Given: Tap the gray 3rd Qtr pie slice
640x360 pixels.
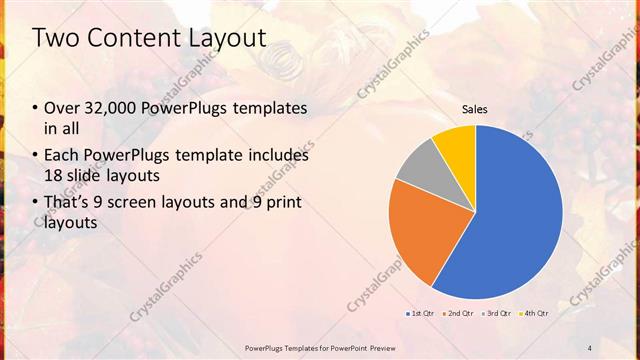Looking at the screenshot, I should coord(419,167).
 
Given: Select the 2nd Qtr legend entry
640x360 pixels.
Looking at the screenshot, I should coord(458,314).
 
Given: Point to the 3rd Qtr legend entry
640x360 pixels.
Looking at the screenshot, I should coord(499,314).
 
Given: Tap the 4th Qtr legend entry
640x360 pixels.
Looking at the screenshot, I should coord(534,314).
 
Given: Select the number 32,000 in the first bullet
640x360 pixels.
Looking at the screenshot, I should coord(111,108).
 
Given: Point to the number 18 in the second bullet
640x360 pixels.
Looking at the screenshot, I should coord(54,174).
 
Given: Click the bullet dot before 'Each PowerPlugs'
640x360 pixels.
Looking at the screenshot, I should coord(36,156).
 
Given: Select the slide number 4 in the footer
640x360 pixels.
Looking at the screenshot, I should coord(589,347).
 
